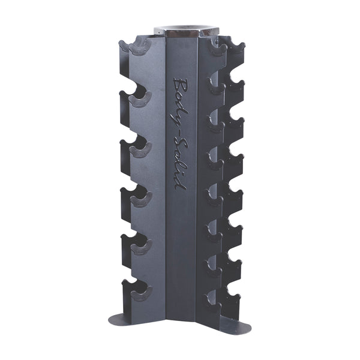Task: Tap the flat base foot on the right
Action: pyautogui.click(x=231, y=324)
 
